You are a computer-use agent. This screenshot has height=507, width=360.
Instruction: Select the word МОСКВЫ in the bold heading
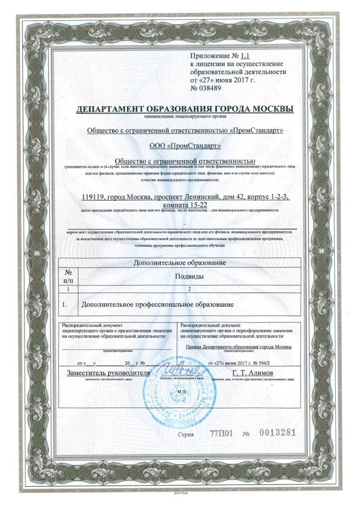pyautogui.click(x=269, y=108)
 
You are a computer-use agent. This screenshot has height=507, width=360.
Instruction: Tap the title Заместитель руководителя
pyautogui.click(x=108, y=373)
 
